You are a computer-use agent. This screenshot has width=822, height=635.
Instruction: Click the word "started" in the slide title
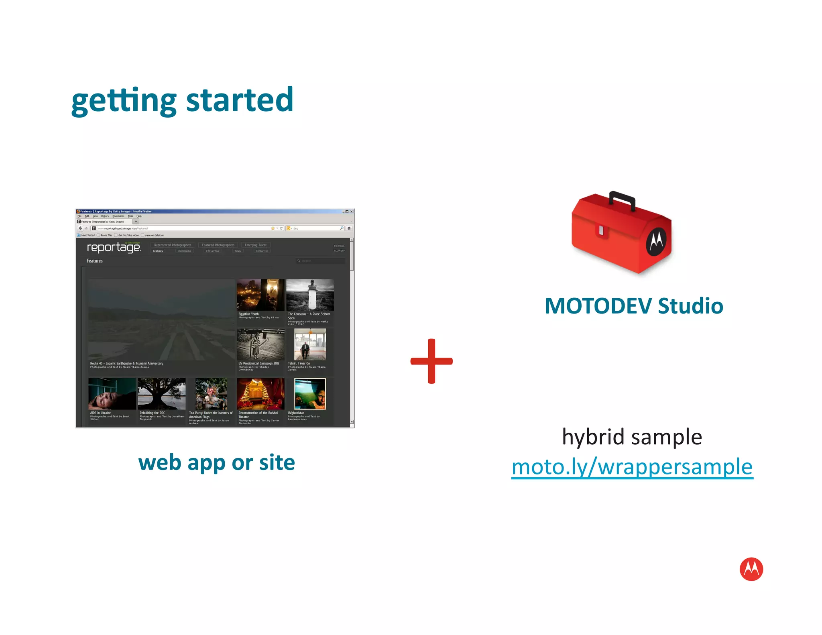coord(240,100)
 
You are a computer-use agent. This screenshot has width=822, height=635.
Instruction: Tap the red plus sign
coord(431,361)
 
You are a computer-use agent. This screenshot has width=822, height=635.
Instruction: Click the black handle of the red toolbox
coord(622,199)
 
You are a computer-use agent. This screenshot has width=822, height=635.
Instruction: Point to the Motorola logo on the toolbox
coord(656,241)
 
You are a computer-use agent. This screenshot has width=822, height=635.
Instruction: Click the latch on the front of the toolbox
coord(601,230)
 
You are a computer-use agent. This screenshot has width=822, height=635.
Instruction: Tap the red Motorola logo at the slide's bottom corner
coord(751,569)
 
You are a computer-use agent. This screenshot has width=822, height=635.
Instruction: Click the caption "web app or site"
coord(216,462)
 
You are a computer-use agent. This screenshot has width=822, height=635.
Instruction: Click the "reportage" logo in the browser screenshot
coord(114,247)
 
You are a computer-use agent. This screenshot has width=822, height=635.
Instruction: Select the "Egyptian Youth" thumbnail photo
coord(260,295)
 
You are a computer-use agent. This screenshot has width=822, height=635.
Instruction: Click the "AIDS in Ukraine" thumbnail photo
coord(112,393)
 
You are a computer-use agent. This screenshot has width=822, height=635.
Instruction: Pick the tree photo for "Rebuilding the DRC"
coord(162,393)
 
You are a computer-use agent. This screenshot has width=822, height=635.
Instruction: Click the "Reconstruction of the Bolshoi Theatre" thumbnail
coord(260,393)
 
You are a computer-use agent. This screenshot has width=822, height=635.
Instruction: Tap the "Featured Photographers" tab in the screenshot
coord(218,245)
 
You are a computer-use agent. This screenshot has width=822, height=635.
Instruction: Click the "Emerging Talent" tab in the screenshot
coord(256,245)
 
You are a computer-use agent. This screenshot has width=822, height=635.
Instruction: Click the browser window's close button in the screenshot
coord(352,212)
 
